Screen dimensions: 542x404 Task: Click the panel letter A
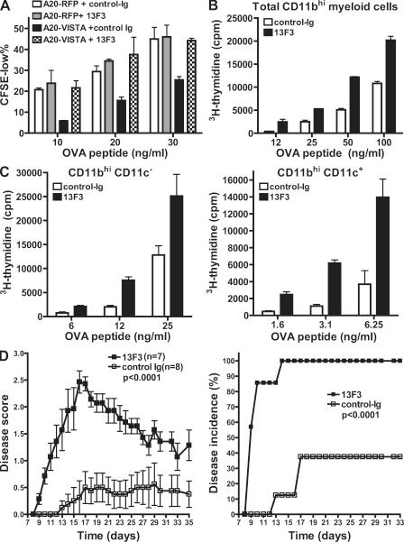click(x=6, y=7)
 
